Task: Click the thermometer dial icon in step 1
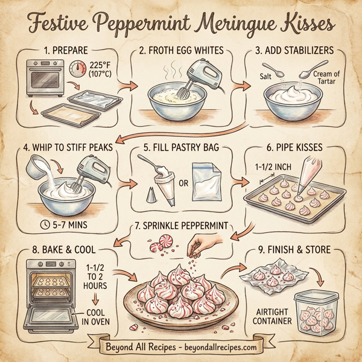point(78,70)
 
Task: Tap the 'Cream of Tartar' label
point(328,77)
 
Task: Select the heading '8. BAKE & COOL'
point(57,248)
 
